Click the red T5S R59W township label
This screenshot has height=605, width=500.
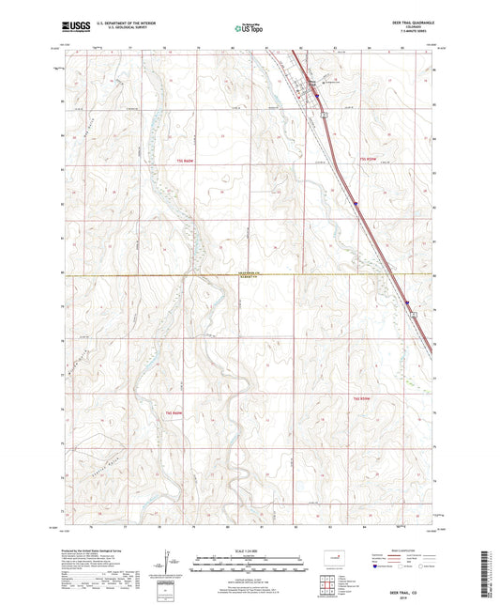click(x=372, y=161)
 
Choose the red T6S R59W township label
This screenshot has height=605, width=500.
click(x=364, y=398)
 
